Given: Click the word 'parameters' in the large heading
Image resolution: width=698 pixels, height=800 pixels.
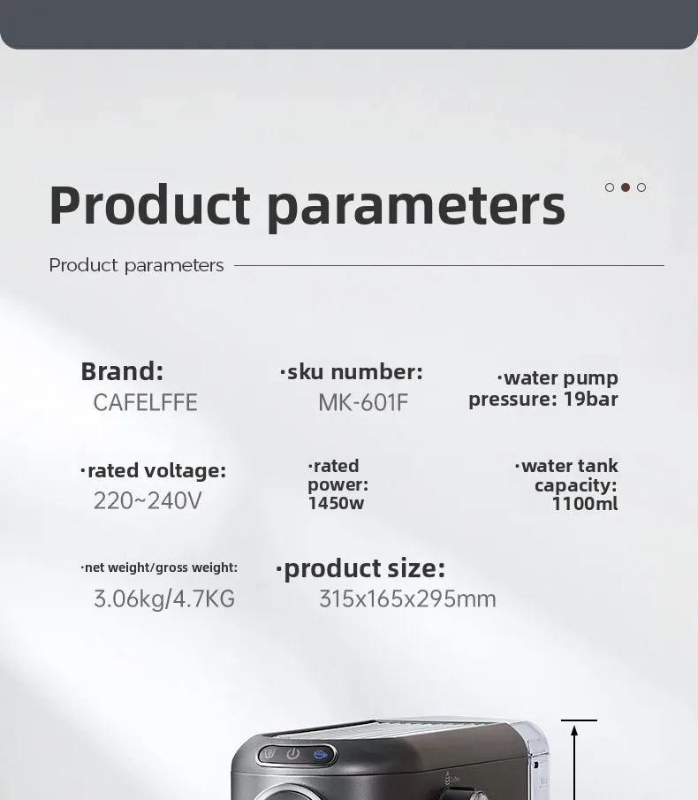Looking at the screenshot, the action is point(416,206).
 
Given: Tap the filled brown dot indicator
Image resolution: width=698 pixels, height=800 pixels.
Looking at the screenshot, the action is point(625,187).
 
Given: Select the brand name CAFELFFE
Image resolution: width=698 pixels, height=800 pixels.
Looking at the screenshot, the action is point(145,402).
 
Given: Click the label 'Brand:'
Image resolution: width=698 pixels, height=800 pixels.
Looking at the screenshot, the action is point(122,371).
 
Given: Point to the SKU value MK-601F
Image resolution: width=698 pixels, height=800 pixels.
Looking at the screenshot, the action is point(363,402).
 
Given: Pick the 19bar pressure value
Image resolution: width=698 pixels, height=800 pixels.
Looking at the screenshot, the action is point(591,399).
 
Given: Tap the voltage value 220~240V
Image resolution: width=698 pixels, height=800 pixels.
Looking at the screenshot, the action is point(148,500).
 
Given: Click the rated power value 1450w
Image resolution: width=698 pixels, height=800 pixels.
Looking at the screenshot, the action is point(336,503).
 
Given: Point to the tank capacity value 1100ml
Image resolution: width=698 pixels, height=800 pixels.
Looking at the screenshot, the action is point(585,504).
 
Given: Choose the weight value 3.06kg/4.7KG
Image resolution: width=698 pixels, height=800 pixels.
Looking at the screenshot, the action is point(164,598).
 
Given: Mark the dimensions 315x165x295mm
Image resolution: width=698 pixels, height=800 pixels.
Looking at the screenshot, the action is point(407,598).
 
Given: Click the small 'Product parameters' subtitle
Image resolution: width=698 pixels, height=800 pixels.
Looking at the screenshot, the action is point(136,265).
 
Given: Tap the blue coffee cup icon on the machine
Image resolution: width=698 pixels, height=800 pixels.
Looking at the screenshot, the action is point(320,753).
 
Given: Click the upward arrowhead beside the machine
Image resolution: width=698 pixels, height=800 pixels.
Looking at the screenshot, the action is point(574,731).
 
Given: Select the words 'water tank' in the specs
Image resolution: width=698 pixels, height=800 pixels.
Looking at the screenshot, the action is point(570,466).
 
